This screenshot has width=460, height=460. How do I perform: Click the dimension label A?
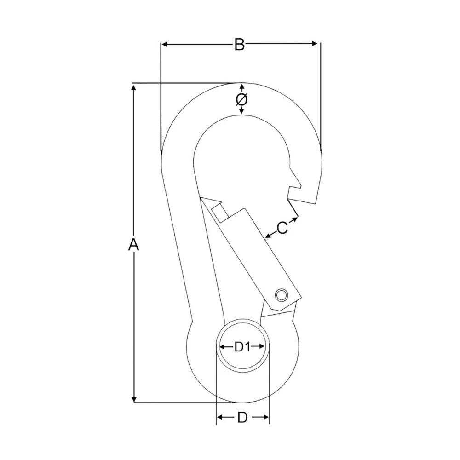tap(133, 245)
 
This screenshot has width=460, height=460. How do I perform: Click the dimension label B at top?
tap(239, 45)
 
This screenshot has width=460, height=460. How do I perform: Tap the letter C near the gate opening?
tap(282, 227)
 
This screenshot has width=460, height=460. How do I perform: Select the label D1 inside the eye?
tap(242, 347)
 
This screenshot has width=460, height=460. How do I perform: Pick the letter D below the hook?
tap(242, 418)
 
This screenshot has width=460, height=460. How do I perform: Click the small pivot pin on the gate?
tap(281, 294)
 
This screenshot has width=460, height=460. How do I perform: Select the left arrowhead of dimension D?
tap(220, 417)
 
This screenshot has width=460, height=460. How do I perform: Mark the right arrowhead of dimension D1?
tap(262, 346)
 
